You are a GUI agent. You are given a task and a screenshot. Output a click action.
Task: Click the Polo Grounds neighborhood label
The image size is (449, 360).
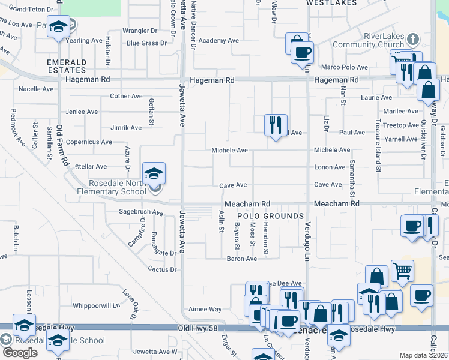coord(270,216)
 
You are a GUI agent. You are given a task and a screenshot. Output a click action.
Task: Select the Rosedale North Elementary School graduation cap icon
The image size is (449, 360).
coord(154,173)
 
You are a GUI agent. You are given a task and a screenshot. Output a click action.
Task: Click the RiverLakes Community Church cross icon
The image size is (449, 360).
coord(412,40)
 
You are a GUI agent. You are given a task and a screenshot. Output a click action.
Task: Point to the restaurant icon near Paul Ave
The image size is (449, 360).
coord(276,125)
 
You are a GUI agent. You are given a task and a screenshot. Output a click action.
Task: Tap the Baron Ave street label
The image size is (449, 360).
coord(242,259)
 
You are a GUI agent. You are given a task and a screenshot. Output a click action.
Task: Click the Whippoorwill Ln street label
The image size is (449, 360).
coord(96,305)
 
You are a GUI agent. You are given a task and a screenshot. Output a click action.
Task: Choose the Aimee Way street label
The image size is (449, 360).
coord(206,310)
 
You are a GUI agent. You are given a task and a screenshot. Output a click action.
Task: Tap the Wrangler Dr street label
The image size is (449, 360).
coord(139,30)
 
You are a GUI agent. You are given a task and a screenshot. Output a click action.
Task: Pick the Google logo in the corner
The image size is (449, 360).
coord(20,353)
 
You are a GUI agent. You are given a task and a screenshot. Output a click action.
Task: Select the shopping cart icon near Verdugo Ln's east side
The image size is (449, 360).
coord(402,270)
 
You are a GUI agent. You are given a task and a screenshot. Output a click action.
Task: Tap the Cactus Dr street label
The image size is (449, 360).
coord(163,269)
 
